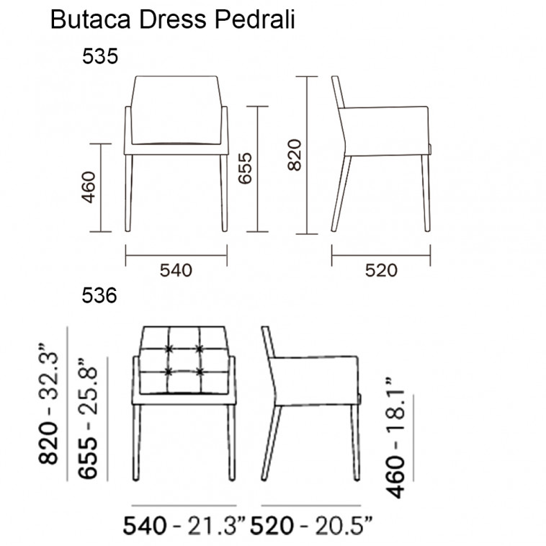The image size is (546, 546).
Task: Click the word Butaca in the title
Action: (x=91, y=19)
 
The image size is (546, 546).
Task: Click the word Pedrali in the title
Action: (x=255, y=19)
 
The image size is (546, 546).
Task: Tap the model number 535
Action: (x=100, y=56)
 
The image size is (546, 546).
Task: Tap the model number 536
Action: (x=99, y=296)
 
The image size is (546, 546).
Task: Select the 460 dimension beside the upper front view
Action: (x=89, y=187)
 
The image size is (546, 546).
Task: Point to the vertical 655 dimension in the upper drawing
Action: (x=245, y=168)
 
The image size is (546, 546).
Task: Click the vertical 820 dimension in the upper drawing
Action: (x=295, y=155)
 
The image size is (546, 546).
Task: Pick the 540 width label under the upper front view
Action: (x=176, y=271)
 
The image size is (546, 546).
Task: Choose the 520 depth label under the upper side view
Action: (x=381, y=271)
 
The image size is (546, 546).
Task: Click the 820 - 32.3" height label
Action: (x=48, y=404)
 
